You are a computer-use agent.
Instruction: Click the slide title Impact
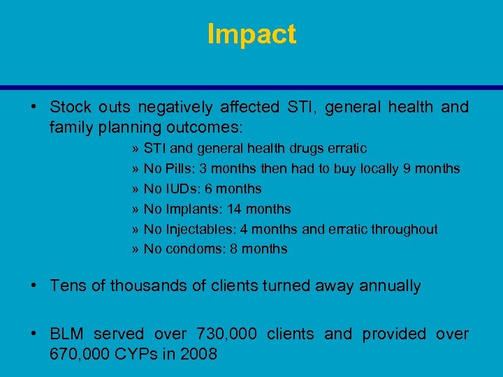pyautogui.click(x=251, y=34)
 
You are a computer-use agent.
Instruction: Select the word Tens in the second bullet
pyautogui.click(x=66, y=286)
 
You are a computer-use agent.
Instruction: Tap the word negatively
pyautogui.click(x=175, y=107)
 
